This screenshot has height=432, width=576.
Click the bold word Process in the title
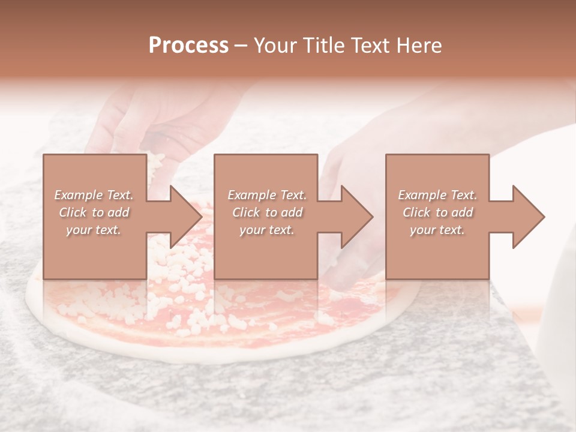point(188,46)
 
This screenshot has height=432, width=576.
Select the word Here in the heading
point(419,46)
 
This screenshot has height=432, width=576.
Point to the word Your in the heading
point(277,46)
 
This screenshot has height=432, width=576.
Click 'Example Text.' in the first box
point(94,195)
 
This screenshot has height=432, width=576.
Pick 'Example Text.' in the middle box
point(267,195)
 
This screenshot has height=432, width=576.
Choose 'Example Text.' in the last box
point(437,195)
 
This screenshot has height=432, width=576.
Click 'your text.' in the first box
point(94,230)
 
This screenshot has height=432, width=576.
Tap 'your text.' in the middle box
point(267,230)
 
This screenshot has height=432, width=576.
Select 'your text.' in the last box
point(437,230)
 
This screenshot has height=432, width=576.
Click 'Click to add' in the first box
point(94,212)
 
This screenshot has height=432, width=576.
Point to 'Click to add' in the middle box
point(267,212)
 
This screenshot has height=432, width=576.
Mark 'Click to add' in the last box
point(437,212)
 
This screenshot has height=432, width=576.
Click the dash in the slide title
point(241,46)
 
